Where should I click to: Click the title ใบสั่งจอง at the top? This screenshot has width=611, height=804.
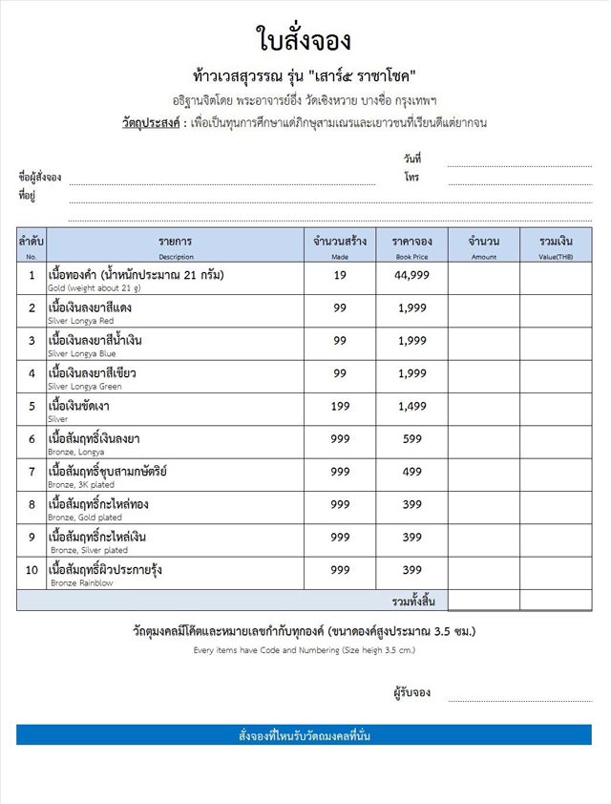pos(305,39)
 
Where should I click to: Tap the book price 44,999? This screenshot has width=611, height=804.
pos(411,275)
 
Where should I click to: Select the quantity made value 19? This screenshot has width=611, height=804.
pos(340,275)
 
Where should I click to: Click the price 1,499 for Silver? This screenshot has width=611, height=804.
pos(411,405)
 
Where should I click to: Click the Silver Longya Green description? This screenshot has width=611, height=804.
pos(84,386)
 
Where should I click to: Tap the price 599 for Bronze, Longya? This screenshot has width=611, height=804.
pos(411,438)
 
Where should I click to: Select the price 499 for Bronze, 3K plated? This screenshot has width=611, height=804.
pos(411,471)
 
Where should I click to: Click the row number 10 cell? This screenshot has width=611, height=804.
pos(32,570)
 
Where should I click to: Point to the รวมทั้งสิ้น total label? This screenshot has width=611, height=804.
pos(413,601)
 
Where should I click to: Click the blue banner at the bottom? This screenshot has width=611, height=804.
pos(304,735)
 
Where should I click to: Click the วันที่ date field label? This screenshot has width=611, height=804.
pos(412,159)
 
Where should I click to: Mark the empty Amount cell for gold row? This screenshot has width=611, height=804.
pos(484,277)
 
